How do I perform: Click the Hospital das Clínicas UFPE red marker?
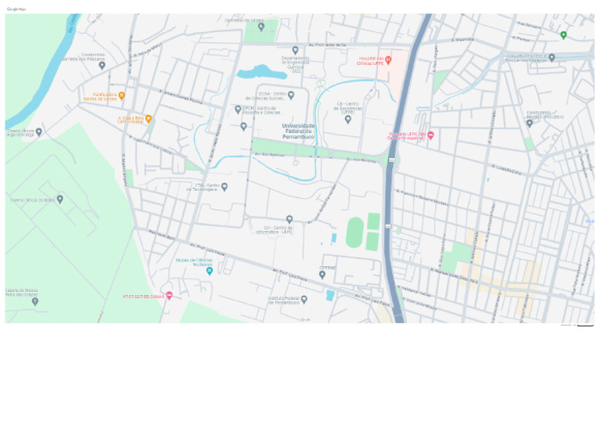[x=388, y=60]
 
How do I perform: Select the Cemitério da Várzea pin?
[x=261, y=27]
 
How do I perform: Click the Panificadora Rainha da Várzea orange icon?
[x=121, y=95]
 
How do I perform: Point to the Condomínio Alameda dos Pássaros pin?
[x=102, y=66]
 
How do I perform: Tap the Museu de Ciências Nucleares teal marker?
[x=209, y=271]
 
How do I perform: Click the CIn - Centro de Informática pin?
[x=289, y=220]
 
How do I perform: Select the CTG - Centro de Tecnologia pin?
[x=224, y=187]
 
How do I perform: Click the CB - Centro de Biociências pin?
[x=348, y=120]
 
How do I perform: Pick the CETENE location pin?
[x=322, y=275]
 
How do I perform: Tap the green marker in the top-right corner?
[x=563, y=34]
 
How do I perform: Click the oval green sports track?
[x=354, y=232]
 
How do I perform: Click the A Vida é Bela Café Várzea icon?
[x=148, y=119]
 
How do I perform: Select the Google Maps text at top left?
[x=16, y=9]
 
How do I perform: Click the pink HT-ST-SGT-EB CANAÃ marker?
[x=169, y=296]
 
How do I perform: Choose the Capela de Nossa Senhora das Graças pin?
[x=34, y=301]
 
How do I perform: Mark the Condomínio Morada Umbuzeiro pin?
[x=530, y=123]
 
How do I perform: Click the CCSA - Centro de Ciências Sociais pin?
[x=290, y=95]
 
